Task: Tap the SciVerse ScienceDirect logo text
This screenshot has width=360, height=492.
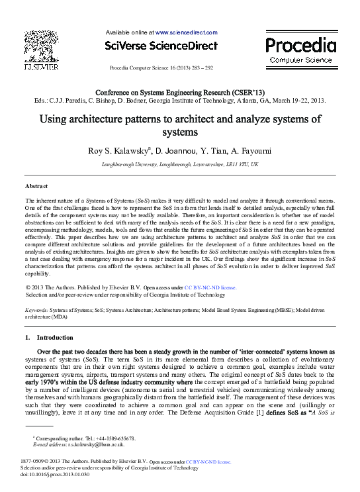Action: pos(161,46)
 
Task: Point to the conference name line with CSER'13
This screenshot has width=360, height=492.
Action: pos(180,93)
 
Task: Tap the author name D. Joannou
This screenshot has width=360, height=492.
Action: pos(177,151)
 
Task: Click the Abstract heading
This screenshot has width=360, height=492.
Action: pos(36,187)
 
